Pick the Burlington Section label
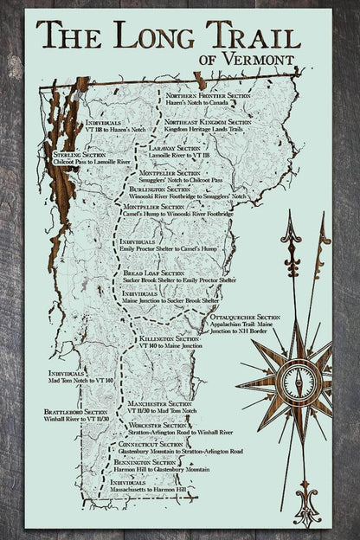[159, 189]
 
